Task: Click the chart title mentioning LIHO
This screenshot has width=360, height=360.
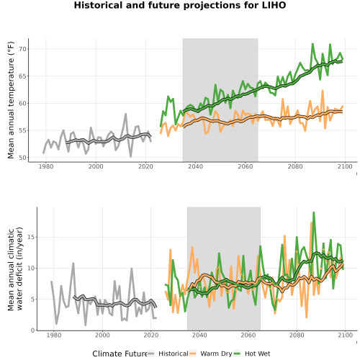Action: pyautogui.click(x=180, y=5)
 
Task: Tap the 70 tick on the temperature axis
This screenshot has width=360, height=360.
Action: pyautogui.click(x=22, y=49)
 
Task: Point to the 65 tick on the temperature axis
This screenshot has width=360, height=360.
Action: pyautogui.click(x=22, y=76)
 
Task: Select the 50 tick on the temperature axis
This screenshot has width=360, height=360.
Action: pyautogui.click(x=22, y=158)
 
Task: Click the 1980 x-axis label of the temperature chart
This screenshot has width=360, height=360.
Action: pyautogui.click(x=46, y=166)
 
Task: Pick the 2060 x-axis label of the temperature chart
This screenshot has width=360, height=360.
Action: pyautogui.click(x=246, y=166)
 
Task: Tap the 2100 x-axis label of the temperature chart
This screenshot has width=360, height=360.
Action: pyautogui.click(x=345, y=166)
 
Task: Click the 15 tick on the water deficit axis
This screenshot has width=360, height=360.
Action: pyautogui.click(x=31, y=237)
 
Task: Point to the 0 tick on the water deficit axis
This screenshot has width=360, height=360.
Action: pyautogui.click(x=32, y=330)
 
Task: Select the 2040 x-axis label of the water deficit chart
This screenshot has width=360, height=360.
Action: pyautogui.click(x=199, y=335)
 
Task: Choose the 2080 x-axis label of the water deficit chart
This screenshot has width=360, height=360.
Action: pyautogui.click(x=297, y=335)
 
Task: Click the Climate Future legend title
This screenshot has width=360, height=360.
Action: pyautogui.click(x=120, y=354)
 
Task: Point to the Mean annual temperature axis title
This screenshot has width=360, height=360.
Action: pyautogui.click(x=11, y=100)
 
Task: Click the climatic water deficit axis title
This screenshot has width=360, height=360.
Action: pyautogui.click(x=15, y=269)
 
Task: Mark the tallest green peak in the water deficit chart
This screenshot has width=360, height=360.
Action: pyautogui.click(x=313, y=212)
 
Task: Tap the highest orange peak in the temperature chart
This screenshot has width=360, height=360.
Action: pyautogui.click(x=323, y=91)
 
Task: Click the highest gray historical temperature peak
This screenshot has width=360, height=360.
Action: pyautogui.click(x=125, y=114)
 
